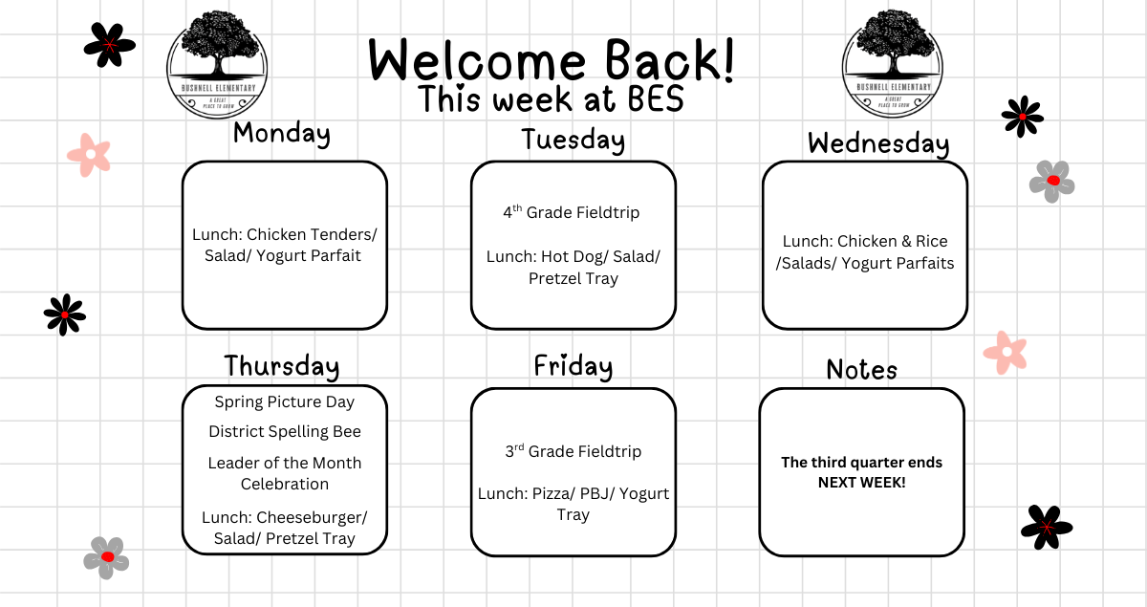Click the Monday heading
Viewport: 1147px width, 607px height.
pos(282,134)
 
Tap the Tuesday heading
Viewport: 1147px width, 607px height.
pos(573,141)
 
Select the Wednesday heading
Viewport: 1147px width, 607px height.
pos(878,144)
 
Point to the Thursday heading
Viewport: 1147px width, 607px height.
pos(282,367)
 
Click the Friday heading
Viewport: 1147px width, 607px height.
pos(573,367)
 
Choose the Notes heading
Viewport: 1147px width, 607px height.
pos(862,369)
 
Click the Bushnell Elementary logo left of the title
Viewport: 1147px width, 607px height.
pos(217,65)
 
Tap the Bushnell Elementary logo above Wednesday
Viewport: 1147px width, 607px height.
pos(893,64)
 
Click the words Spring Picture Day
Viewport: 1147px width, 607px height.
pos(284,402)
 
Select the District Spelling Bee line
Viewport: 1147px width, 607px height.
pos(285,432)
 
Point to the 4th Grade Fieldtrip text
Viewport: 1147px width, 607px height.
pos(572,211)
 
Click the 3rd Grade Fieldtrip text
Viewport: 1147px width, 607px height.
pos(573,451)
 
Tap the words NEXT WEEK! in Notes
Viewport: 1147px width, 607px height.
pos(862,483)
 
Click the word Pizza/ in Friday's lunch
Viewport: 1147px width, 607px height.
pos(553,494)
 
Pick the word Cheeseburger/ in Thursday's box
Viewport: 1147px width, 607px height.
pos(312,518)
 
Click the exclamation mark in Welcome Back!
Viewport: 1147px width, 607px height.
pos(728,59)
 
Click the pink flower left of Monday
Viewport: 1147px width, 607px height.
pos(89,155)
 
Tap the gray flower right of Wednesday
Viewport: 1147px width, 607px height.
pos(1051,182)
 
